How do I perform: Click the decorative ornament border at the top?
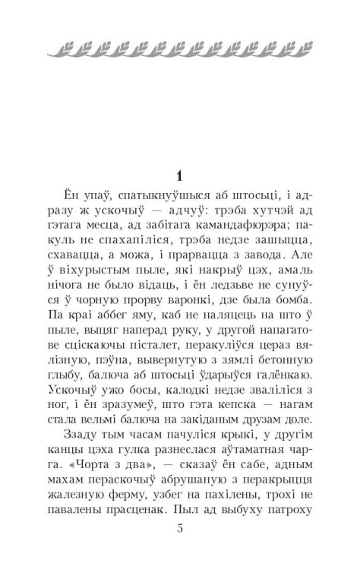point(180,50)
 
